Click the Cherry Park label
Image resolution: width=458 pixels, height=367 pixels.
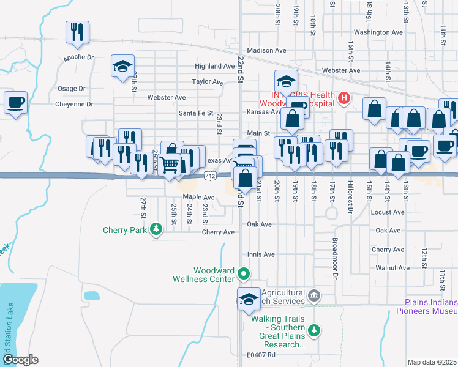[x=125, y=230]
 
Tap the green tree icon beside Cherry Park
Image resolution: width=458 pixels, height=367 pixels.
[x=157, y=230]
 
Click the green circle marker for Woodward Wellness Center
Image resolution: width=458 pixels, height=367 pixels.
[x=244, y=273]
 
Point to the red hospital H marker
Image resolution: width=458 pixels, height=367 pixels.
[x=344, y=97]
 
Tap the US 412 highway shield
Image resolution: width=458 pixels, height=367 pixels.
[x=211, y=176]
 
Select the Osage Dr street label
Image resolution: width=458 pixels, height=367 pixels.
[x=72, y=89]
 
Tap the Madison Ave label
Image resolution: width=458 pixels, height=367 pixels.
[x=267, y=51]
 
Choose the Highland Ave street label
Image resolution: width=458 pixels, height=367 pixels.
[x=215, y=66]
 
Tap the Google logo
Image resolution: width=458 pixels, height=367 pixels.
[x=21, y=360]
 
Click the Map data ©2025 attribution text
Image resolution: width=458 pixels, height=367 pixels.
[x=432, y=362]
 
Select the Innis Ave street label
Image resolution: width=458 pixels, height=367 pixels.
[x=261, y=254]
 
